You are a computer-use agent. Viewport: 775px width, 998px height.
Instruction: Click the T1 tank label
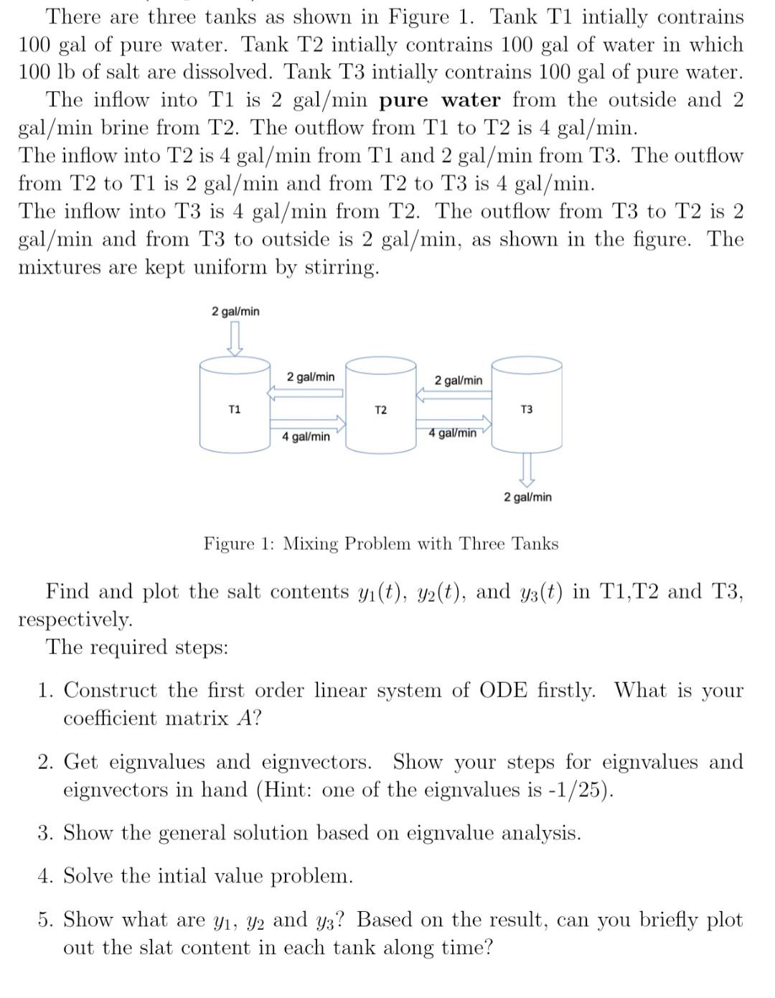(234, 409)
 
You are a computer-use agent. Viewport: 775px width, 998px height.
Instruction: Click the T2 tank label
(380, 410)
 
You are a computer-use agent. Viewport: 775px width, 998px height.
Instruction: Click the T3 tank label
(526, 409)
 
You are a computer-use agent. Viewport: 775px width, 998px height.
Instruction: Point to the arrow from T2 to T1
(305, 393)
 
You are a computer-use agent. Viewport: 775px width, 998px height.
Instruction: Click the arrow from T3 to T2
(454, 394)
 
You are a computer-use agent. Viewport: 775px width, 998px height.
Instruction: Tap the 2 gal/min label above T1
(235, 311)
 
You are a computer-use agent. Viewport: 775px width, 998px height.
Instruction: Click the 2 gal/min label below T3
(527, 497)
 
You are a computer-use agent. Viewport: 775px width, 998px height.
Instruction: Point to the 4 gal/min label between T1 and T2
(306, 437)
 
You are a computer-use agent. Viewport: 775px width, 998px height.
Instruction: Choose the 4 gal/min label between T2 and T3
(452, 433)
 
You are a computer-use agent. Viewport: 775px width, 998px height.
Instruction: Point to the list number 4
(45, 876)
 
